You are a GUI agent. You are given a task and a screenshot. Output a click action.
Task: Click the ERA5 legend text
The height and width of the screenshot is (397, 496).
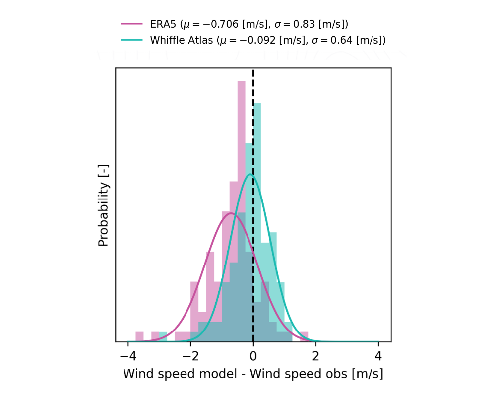coord(248,24)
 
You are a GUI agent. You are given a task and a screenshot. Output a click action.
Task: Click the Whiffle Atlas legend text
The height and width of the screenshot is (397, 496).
coord(268,40)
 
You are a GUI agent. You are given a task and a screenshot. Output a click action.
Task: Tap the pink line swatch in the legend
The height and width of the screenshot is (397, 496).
coord(131,24)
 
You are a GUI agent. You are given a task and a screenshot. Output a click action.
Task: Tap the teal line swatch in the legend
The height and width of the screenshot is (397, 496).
coord(131,40)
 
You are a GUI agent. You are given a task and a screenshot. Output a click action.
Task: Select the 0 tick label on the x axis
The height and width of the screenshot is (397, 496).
coord(253,356)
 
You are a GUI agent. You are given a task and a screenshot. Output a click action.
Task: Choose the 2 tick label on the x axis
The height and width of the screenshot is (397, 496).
coord(316,356)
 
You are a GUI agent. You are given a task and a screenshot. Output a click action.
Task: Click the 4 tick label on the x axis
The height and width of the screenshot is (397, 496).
coord(378,356)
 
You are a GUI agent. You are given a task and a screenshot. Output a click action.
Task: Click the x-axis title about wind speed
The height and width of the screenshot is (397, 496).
coord(253,374)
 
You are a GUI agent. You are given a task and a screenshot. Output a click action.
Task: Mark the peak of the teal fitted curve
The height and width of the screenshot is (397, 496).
coord(251,174)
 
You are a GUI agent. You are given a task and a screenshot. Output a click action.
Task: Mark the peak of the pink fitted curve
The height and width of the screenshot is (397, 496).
coord(231,213)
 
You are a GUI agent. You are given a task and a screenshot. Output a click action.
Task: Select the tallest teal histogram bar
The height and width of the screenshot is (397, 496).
coord(257,149)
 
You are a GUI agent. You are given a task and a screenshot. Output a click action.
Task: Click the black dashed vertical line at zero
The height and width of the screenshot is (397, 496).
coord(253,124)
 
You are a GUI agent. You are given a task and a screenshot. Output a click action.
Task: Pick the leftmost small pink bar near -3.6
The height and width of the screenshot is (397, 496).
coord(139,337)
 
